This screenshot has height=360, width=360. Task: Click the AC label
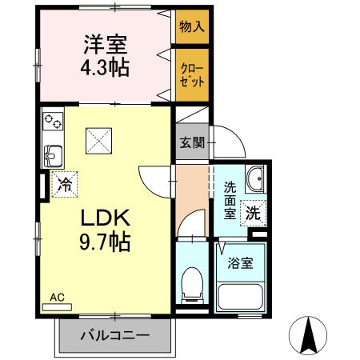tap(56, 298)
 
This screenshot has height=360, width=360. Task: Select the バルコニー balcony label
tap(114, 334)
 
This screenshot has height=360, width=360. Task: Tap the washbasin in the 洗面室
tap(255, 178)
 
